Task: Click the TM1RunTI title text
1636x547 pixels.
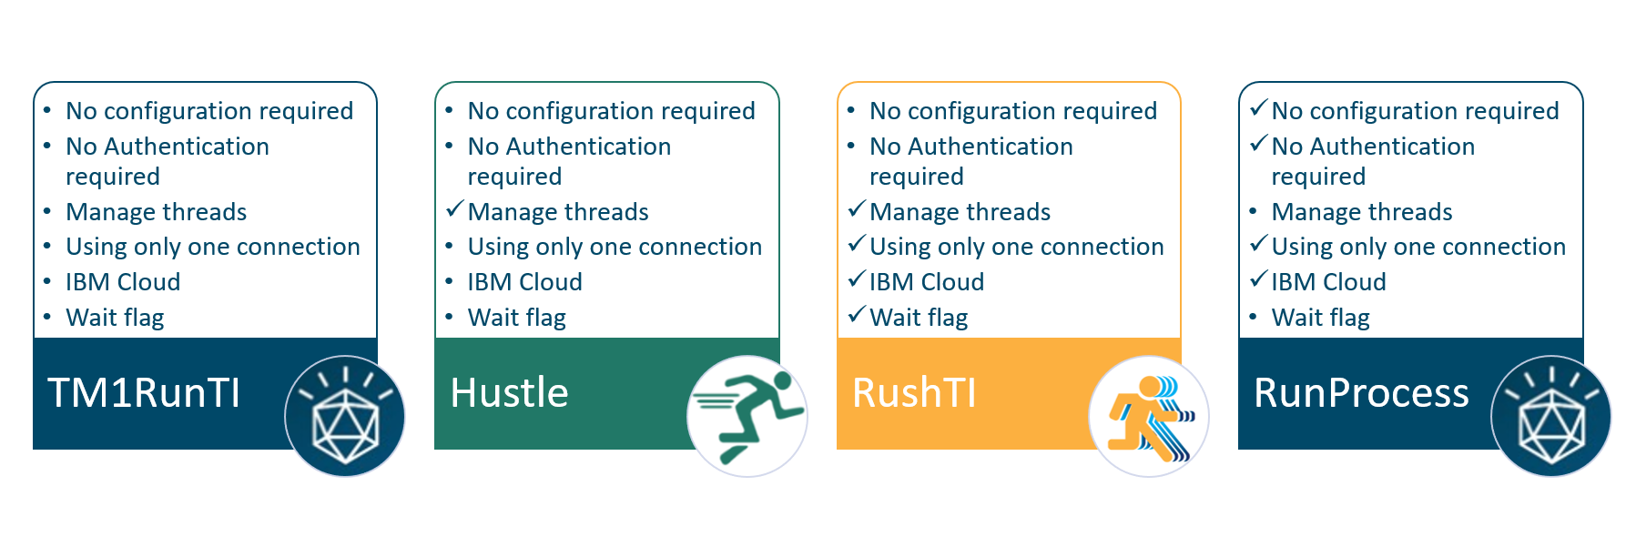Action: point(144,393)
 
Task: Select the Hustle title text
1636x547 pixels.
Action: point(509,393)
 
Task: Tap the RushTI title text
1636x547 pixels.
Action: point(914,393)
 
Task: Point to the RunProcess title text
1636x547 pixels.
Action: point(1361,393)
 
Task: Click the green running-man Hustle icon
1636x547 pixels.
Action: point(747,416)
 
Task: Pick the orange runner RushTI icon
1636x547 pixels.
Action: point(1148,416)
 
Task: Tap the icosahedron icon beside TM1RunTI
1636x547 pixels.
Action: point(344,416)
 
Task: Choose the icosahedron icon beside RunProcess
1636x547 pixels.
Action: point(1550,416)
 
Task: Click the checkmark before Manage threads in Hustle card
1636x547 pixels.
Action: point(455,209)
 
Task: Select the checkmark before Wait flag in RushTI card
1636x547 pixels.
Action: point(857,315)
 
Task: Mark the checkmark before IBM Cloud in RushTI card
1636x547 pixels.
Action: point(857,279)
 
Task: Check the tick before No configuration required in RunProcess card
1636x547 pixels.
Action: point(1259,108)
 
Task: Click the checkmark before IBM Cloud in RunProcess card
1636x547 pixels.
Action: point(1259,279)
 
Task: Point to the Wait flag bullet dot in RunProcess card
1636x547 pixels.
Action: point(1254,317)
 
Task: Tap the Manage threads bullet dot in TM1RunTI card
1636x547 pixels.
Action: point(47,211)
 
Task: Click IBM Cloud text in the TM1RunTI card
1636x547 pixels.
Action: point(123,282)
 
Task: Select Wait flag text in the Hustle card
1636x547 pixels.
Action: point(516,318)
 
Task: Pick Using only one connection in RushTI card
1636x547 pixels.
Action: point(1016,247)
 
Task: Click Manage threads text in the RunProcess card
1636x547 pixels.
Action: point(1361,212)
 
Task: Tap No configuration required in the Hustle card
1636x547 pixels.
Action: point(611,111)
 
